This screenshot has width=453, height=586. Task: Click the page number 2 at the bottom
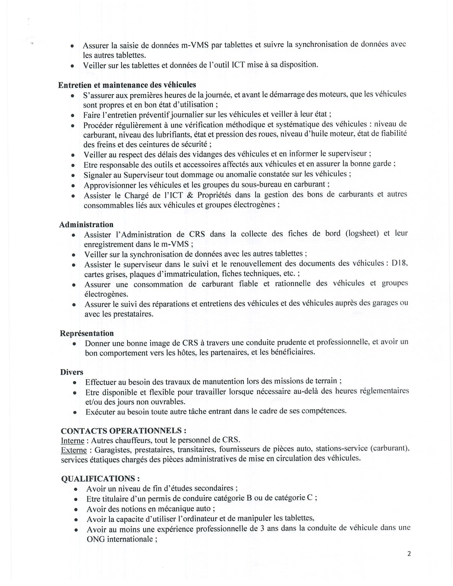tap(409, 554)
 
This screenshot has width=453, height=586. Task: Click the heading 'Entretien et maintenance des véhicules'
tap(127, 85)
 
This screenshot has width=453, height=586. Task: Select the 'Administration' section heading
tap(86, 224)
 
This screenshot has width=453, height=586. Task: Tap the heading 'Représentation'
tap(87, 333)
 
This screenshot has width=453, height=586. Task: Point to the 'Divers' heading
tap(71, 372)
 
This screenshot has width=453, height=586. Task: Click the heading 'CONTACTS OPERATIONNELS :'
tap(123, 431)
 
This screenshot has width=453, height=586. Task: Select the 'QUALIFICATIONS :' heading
tap(100, 479)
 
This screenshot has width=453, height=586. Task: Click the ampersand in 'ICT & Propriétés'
tap(190, 195)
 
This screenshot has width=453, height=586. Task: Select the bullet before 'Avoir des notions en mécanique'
tap(76, 509)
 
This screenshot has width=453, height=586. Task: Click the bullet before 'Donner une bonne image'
tap(74, 344)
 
